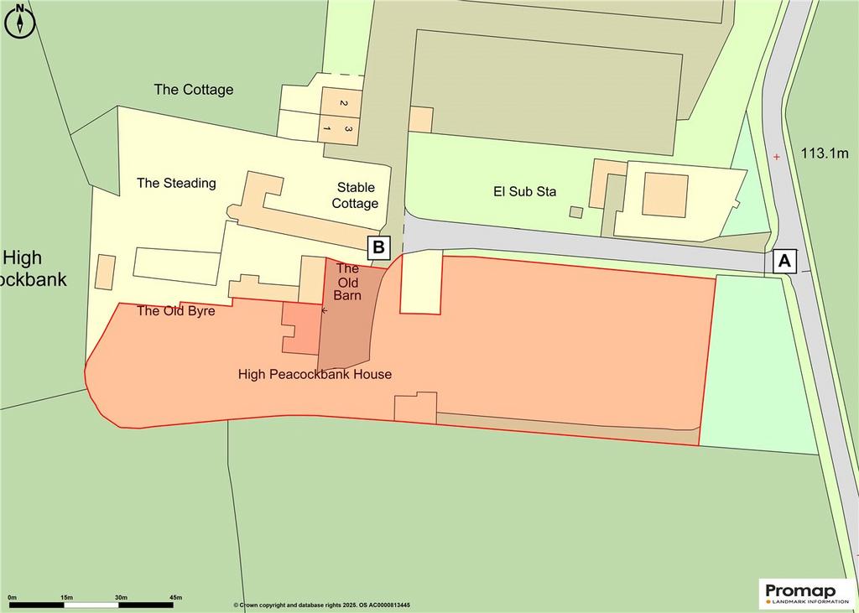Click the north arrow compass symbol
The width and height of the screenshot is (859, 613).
[x=19, y=20]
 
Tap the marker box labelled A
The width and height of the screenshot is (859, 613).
[x=785, y=262]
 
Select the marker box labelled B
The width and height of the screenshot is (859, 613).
[x=378, y=247]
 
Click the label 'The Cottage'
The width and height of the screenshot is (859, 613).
[x=194, y=90]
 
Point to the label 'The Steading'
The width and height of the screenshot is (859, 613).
[x=176, y=183]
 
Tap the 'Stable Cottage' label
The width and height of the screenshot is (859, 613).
[x=356, y=195]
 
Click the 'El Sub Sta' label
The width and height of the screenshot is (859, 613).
[x=525, y=191]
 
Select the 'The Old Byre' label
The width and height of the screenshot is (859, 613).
[x=175, y=311]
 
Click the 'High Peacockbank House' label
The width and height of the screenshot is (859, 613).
[x=315, y=375]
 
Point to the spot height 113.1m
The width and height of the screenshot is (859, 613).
[x=824, y=153]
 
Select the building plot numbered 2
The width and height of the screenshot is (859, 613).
[x=343, y=103]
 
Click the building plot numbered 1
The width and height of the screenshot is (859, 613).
[x=328, y=127]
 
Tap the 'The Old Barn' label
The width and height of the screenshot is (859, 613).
[x=347, y=281]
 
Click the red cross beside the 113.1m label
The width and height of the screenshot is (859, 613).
[x=776, y=157]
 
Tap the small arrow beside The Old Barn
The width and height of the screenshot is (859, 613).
[x=325, y=310]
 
